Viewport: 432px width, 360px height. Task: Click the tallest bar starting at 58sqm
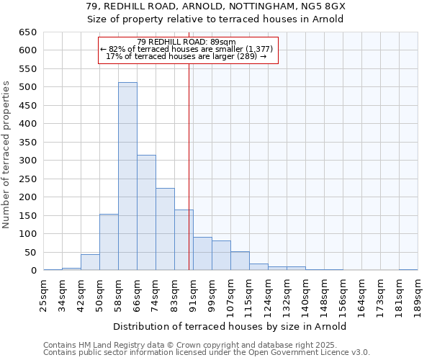pos(127,176)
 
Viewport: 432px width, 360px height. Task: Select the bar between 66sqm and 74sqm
pos(146,212)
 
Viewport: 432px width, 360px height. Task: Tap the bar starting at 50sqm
pos(109,242)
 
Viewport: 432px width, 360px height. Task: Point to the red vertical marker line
pos(189,166)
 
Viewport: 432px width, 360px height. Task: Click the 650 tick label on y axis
pos(28,32)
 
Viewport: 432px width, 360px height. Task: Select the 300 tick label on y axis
pos(28,161)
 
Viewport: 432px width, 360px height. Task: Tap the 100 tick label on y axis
pos(28,234)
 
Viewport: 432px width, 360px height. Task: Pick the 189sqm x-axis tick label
pos(418,295)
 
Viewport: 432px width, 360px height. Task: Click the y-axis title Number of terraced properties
pos(6,155)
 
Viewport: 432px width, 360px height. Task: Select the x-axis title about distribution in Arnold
pos(230,326)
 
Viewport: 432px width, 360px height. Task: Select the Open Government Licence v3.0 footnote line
pos(206,353)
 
